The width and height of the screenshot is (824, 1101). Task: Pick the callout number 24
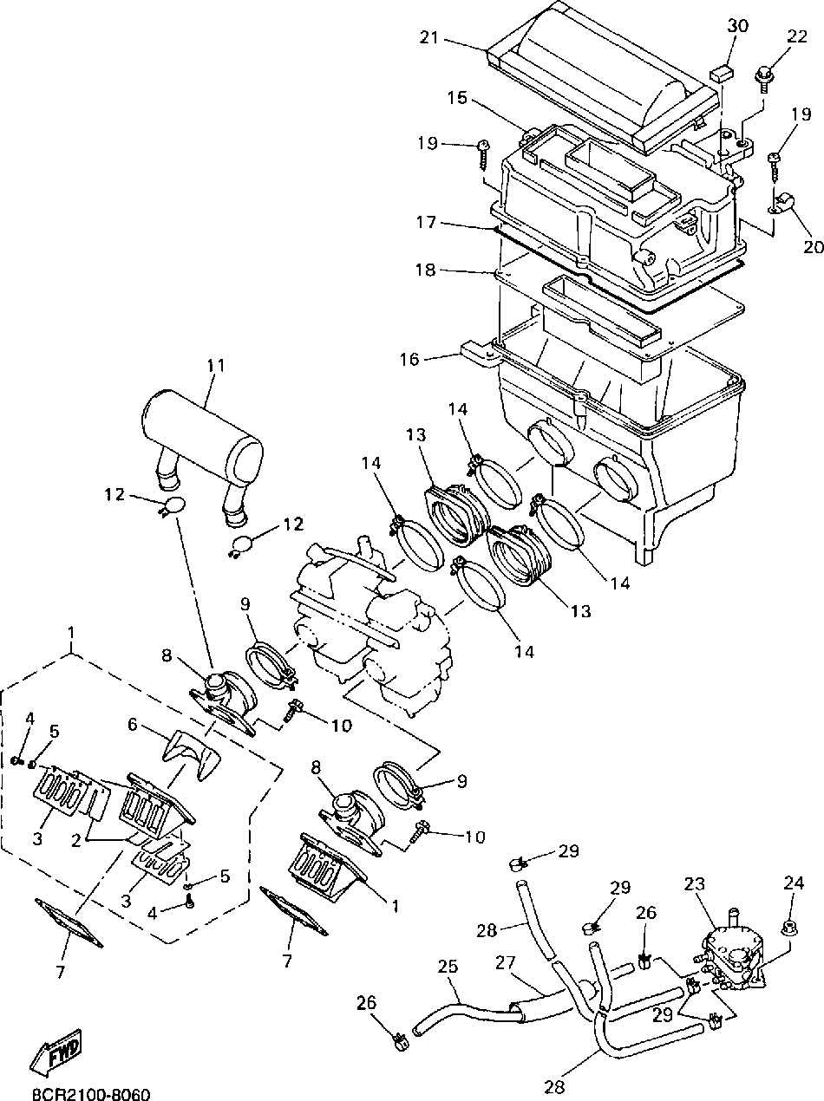point(793,883)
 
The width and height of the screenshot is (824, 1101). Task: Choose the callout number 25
point(448,966)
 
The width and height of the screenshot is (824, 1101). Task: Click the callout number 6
point(133,724)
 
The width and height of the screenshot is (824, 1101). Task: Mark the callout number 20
point(813,247)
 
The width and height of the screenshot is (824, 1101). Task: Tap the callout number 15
point(458,99)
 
